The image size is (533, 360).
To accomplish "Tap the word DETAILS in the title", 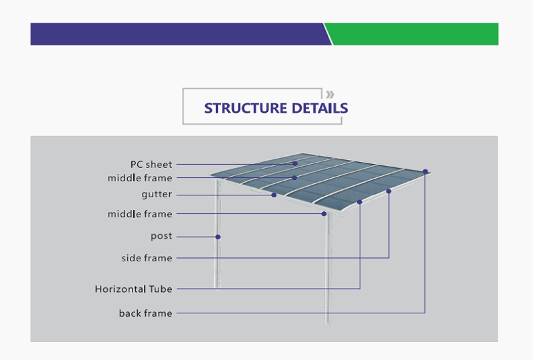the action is (320, 108).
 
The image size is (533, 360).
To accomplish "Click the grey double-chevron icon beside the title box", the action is (330, 94).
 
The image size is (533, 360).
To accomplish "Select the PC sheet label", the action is (151, 165).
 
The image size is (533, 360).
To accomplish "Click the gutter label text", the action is (157, 195).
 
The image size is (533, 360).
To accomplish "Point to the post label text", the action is (161, 236).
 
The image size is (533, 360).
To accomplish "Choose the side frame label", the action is (147, 258).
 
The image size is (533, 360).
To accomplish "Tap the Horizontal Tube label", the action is (134, 289).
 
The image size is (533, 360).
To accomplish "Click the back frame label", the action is (145, 313).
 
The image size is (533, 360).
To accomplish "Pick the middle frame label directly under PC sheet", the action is (140, 178).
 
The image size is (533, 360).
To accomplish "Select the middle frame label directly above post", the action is (140, 214).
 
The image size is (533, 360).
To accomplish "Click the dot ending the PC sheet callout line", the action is (295, 164).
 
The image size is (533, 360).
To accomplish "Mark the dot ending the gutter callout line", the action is (274, 195).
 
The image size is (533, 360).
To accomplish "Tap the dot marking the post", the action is (218, 237).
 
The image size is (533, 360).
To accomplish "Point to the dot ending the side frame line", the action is (389, 191).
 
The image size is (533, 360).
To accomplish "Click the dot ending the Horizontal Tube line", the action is (360, 202).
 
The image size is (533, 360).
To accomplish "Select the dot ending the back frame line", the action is (425, 171).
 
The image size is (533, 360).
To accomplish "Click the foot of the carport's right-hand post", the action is (328, 322).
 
